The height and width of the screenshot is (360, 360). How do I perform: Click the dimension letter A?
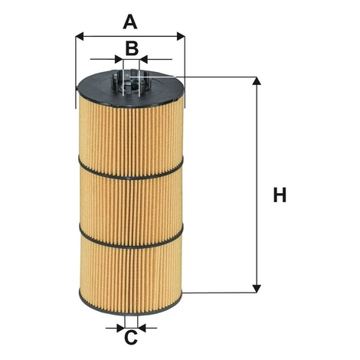pyautogui.click(x=130, y=22)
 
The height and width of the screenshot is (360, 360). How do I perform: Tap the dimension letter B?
pyautogui.click(x=132, y=48)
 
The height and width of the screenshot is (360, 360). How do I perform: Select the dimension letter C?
pyautogui.click(x=131, y=337)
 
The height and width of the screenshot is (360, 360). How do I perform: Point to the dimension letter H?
pyautogui.click(x=280, y=195)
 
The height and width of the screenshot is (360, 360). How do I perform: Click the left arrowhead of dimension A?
pyautogui.click(x=80, y=36)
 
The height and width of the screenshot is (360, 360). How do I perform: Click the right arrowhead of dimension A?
pyautogui.click(x=181, y=36)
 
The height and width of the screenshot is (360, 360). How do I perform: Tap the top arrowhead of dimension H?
pyautogui.click(x=257, y=80)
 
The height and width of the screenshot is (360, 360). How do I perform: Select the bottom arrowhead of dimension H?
pyautogui.click(x=257, y=289)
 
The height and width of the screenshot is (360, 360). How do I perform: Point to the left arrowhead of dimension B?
pyautogui.click(x=119, y=59)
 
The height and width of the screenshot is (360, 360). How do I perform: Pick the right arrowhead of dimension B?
pyautogui.click(x=143, y=59)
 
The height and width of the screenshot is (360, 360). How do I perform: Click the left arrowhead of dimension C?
pyautogui.click(x=121, y=328)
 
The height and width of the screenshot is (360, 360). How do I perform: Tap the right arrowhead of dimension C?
pyautogui.click(x=142, y=328)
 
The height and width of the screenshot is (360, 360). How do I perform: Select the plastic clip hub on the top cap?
pyautogui.click(x=131, y=82)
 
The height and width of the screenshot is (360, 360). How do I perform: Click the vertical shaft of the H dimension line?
pyautogui.click(x=257, y=185)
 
